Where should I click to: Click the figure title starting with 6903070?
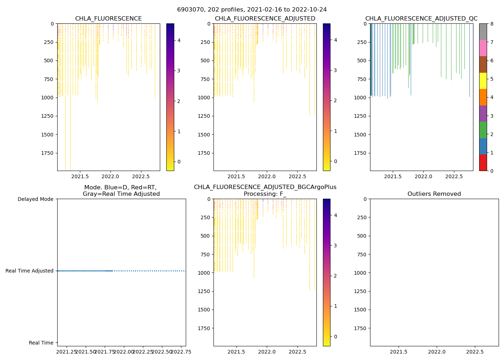tap(252, 10)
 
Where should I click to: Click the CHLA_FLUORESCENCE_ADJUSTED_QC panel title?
tap(421, 19)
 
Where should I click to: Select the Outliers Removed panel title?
tap(434, 194)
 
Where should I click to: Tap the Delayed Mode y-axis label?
tap(35, 199)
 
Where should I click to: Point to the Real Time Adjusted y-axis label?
tap(29, 271)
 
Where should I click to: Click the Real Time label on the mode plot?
tap(41, 343)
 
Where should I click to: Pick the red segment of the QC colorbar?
tap(483, 163)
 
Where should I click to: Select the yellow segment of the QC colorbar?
tap(483, 81)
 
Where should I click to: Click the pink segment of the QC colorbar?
tap(483, 48)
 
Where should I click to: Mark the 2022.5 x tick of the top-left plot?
tap(141, 176)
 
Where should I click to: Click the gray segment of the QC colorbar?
tap(483, 32)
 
